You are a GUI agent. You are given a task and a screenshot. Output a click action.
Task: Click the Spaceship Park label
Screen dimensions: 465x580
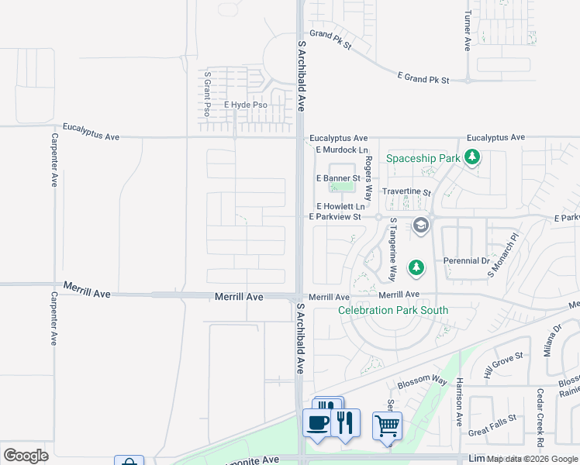coord(423,158)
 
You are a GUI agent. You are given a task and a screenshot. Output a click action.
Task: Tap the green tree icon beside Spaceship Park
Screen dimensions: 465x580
coord(472,159)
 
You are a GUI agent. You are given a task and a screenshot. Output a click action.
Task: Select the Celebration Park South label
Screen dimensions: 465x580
coord(393,311)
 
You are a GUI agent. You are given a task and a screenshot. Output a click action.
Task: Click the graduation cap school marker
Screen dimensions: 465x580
coord(421,226)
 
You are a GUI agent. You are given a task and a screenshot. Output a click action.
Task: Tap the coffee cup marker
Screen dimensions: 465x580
coord(316,423)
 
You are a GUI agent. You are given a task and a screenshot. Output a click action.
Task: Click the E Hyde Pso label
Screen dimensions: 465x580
coord(245,105)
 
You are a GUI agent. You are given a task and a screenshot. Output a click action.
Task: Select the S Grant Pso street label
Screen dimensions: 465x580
coord(207,94)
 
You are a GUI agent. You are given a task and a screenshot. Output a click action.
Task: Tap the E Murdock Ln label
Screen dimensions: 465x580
coord(341,150)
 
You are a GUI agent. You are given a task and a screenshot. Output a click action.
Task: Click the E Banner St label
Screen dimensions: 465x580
coord(338,178)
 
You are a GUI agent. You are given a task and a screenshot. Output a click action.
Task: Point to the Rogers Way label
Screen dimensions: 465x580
coord(369,177)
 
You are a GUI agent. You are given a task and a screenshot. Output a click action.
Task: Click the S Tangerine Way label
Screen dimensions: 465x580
coord(393,249)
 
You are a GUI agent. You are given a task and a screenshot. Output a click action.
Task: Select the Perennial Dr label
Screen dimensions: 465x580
coord(466,261)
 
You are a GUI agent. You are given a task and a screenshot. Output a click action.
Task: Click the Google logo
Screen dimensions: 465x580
coord(26,456)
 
